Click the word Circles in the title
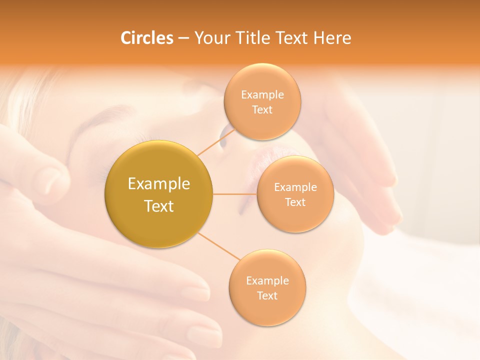[x=146, y=38]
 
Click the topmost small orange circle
[x=262, y=102]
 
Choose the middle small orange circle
[x=295, y=194]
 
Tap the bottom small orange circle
[x=267, y=287]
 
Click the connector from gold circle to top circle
[x=215, y=141]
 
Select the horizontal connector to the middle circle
[x=235, y=194]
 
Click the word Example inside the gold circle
[x=159, y=184]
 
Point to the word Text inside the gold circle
[x=159, y=206]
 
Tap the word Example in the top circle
[x=262, y=94]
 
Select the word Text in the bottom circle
[x=267, y=295]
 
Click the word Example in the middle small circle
[x=295, y=187]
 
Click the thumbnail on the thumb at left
[x=50, y=180]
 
